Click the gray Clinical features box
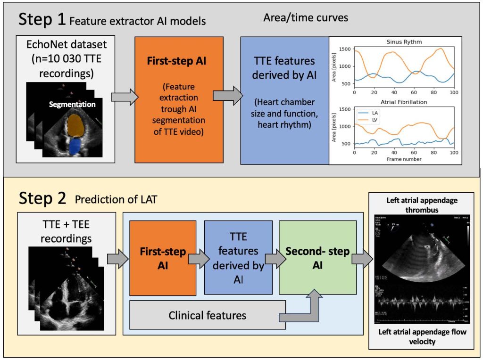click(208, 315)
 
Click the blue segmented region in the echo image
click(75, 147)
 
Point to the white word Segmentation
click(72, 104)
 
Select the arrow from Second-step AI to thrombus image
click(362, 258)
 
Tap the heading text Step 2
click(43, 198)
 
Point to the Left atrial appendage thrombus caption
click(422, 205)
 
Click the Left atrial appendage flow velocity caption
click(422, 337)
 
